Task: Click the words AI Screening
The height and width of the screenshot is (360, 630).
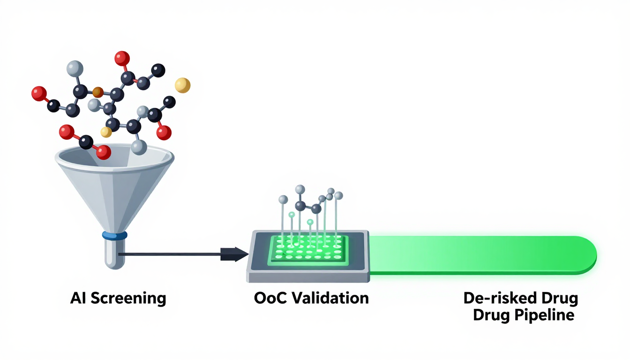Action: (x=118, y=298)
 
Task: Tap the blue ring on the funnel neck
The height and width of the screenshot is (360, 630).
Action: (x=114, y=235)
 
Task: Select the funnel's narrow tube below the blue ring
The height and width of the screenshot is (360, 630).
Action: (x=114, y=253)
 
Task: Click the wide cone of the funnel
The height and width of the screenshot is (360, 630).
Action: (x=114, y=187)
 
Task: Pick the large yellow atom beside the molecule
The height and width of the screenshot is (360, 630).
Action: (x=182, y=85)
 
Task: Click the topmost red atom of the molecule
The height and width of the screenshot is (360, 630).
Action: (x=122, y=58)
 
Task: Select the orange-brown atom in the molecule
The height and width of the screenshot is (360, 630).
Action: (x=97, y=91)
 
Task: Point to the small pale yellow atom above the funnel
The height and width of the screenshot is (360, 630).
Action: (x=106, y=132)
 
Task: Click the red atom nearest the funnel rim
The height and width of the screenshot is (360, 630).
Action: (x=103, y=152)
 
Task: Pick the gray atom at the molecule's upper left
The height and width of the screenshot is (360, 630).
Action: (x=75, y=68)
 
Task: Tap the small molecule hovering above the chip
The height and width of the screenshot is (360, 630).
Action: (x=309, y=202)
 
